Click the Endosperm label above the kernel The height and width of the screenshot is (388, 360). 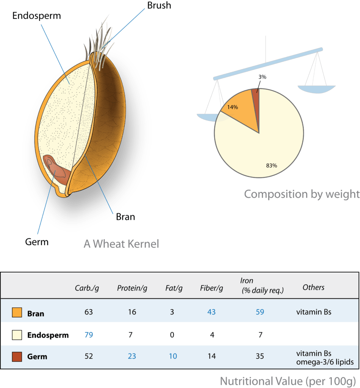tap(37, 16)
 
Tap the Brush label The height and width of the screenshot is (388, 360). tap(159, 5)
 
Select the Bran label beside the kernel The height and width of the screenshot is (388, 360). tap(125, 217)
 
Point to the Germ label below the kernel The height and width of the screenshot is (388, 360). tap(37, 242)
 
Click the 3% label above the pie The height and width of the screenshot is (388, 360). tap(262, 77)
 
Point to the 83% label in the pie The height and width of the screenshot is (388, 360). tap(271, 166)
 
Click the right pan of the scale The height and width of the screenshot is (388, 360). tap(316, 89)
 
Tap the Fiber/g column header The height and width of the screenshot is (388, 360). tap(211, 288)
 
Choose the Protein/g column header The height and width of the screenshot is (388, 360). tap(132, 288)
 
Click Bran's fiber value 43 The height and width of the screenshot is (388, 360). tap(211, 312)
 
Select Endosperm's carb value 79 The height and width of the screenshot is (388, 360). tap(89, 335)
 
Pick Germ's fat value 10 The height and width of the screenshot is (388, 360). tap(173, 356)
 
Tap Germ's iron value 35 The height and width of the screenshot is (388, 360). tap(260, 356)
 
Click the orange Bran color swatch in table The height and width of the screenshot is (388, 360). tap(17, 312)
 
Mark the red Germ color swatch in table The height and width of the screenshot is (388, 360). tap(17, 357)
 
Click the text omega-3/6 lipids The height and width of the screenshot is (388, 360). tap(325, 362)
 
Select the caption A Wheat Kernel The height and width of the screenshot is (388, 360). tap(121, 244)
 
